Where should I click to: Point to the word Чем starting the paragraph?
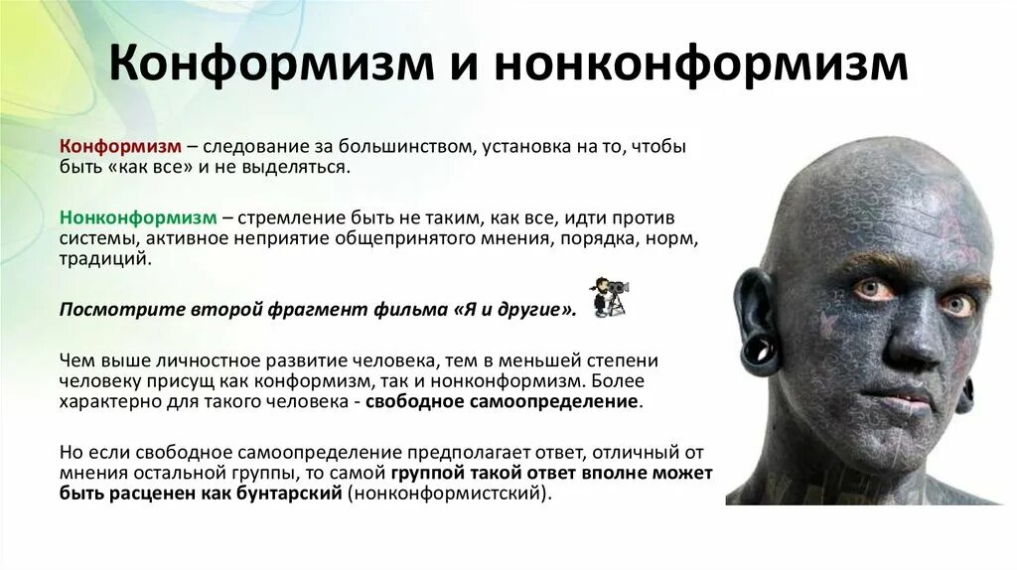[x=76, y=358]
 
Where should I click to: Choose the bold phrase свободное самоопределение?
[x=503, y=401]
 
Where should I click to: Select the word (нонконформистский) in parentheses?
[x=447, y=493]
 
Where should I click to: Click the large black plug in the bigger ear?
[x=761, y=349]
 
